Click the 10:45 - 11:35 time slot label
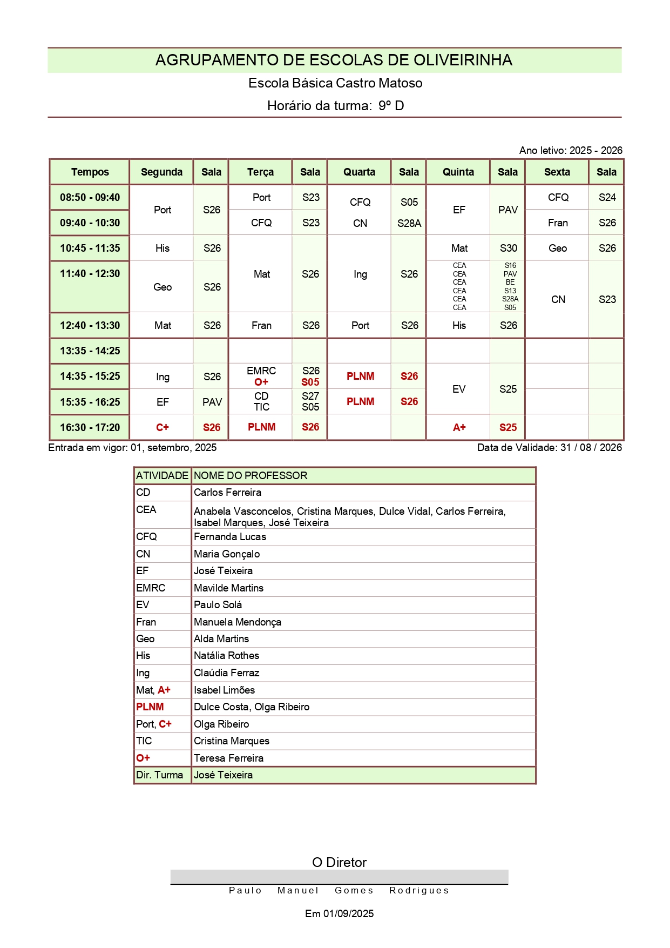(90, 248)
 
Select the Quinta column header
(458, 172)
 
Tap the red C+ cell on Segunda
(162, 428)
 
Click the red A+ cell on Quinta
(459, 428)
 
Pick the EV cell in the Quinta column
(459, 389)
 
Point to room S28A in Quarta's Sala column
(409, 223)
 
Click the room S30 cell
(508, 248)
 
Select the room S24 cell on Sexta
(607, 198)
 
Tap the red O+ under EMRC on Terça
(261, 382)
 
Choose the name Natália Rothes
(226, 656)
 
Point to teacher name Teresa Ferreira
(228, 758)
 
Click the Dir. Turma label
(159, 775)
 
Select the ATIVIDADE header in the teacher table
(162, 476)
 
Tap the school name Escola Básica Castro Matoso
(335, 83)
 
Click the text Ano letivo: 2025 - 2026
(570, 151)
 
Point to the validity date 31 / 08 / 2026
(591, 448)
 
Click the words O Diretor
(339, 863)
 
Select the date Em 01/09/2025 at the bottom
(339, 914)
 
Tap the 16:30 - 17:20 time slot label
(90, 428)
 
